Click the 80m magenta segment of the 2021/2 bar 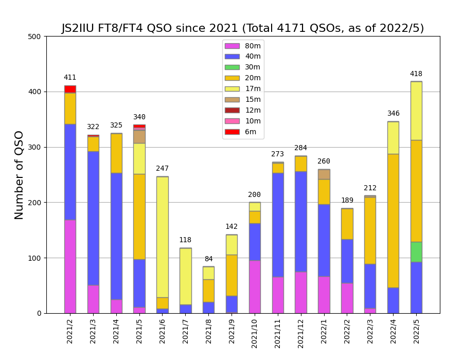pos(70,266)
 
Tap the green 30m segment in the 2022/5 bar pos(416,252)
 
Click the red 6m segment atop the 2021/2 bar pos(70,89)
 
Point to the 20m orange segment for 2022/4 pos(393,221)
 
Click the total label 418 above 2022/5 pos(416,74)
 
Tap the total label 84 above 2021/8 pos(208,259)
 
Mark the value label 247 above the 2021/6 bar pos(162,169)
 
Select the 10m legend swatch pos(232,121)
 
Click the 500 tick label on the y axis pos(34,37)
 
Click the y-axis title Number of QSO pos(20,175)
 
